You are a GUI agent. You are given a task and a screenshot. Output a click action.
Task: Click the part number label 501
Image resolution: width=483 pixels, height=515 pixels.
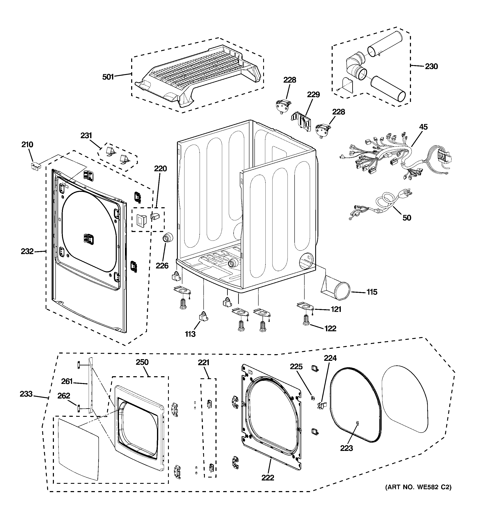pos(108,77)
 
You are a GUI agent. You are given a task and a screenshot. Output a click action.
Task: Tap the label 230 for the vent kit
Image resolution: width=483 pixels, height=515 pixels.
pos(431,67)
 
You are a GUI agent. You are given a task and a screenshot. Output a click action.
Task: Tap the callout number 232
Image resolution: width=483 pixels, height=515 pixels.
pos(27,251)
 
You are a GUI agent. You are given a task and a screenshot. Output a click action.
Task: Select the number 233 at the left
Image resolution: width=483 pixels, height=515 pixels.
pos(26,394)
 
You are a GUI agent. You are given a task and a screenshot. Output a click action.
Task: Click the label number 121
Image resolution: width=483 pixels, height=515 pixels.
pos(336,309)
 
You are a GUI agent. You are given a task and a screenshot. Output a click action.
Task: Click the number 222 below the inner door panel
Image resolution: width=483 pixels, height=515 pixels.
pos(268,477)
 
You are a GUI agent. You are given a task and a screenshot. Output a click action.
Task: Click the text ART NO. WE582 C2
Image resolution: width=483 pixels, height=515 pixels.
pos(418,487)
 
